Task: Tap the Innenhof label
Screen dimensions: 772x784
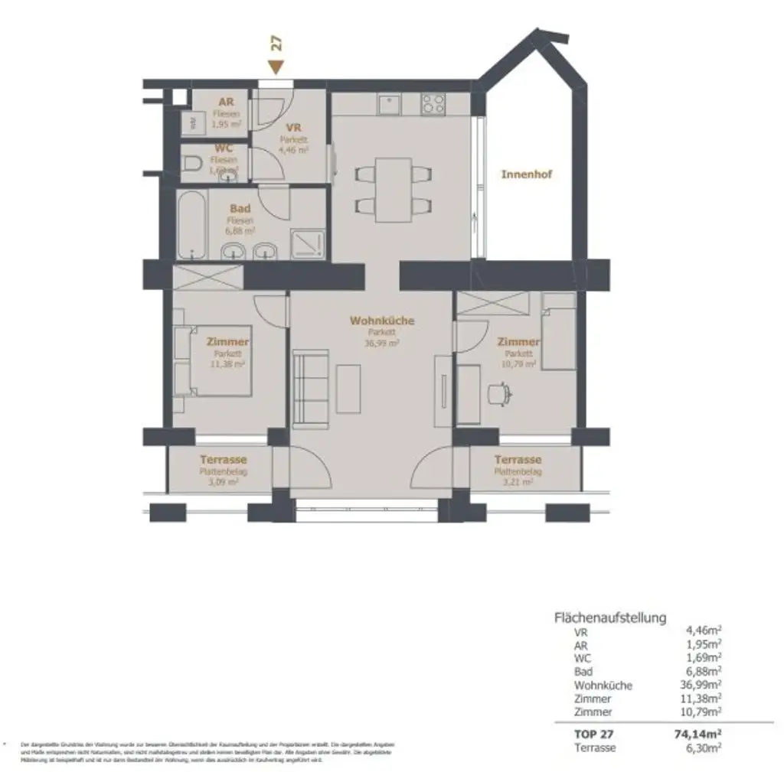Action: point(526,174)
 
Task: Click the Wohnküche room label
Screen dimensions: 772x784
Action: point(381,321)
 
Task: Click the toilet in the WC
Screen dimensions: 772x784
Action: point(194,162)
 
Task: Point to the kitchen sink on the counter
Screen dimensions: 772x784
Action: point(390,103)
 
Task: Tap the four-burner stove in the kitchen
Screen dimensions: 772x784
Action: point(433,103)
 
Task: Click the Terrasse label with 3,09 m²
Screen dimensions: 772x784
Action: point(223,460)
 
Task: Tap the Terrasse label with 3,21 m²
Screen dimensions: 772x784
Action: point(518,460)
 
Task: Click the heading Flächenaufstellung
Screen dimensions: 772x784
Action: point(609,617)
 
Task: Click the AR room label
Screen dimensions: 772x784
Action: point(226,102)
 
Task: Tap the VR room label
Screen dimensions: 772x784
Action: point(292,128)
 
